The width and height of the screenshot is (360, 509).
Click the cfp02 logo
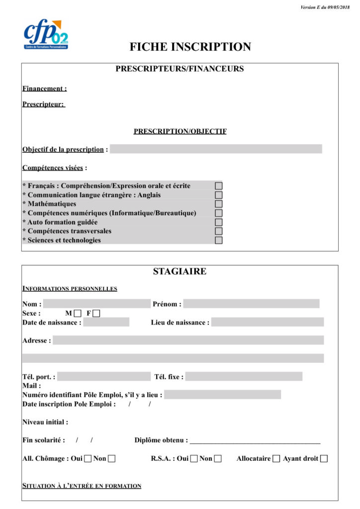pos(46,34)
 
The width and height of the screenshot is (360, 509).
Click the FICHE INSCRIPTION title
pos(190,47)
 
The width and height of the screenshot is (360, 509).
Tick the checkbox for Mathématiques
pos(218,204)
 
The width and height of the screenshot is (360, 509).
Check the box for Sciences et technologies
pos(218,240)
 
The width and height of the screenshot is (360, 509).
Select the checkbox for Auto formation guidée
pos(218,222)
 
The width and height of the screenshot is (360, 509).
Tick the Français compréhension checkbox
pos(218,185)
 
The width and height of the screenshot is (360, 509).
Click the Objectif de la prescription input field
pos(216,149)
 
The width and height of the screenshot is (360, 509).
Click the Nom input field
pos(97,304)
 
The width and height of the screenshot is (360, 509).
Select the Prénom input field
pos(251,304)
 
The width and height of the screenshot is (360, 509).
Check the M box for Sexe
pos(77,313)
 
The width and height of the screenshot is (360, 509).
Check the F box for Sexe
pos(96,313)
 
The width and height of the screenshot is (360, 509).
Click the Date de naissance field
pos(106,322)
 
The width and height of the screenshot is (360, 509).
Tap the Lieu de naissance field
pos(267,322)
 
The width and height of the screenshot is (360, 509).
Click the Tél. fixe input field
pos(244,376)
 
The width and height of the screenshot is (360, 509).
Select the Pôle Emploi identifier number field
pos(222,395)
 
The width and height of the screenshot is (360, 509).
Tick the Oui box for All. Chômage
pos(88,458)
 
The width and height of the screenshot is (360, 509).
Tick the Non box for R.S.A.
pos(218,458)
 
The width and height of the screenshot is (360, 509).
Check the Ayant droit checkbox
pos(324,458)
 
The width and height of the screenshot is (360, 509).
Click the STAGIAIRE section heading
pos(180,271)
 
